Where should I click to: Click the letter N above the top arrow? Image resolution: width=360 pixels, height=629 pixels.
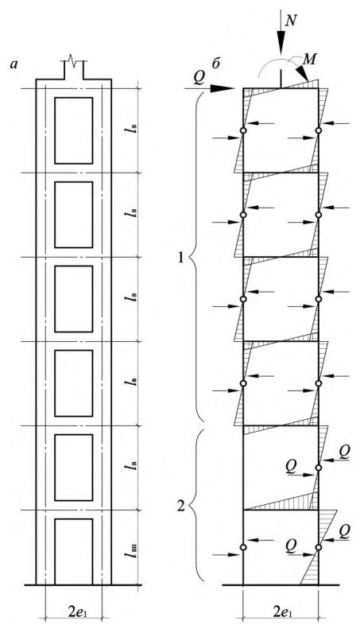pos(290,21)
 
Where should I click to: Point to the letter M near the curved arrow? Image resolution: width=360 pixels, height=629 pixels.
pos(308,60)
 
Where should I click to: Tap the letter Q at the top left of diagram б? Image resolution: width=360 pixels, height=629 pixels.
pos(199,78)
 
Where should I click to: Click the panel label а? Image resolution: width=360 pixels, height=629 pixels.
pos(14,64)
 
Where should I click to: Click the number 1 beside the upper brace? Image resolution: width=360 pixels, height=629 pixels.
pos(180,257)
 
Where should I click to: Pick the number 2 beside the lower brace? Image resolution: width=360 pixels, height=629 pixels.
pos(181,507)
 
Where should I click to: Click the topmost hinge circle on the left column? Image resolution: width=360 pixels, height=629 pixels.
pos(243,130)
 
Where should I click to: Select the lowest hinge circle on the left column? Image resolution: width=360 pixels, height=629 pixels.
pos(243,547)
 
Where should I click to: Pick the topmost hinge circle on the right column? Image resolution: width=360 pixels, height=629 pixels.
pos(319,130)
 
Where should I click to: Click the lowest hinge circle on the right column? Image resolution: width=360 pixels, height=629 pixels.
pos(319,547)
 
